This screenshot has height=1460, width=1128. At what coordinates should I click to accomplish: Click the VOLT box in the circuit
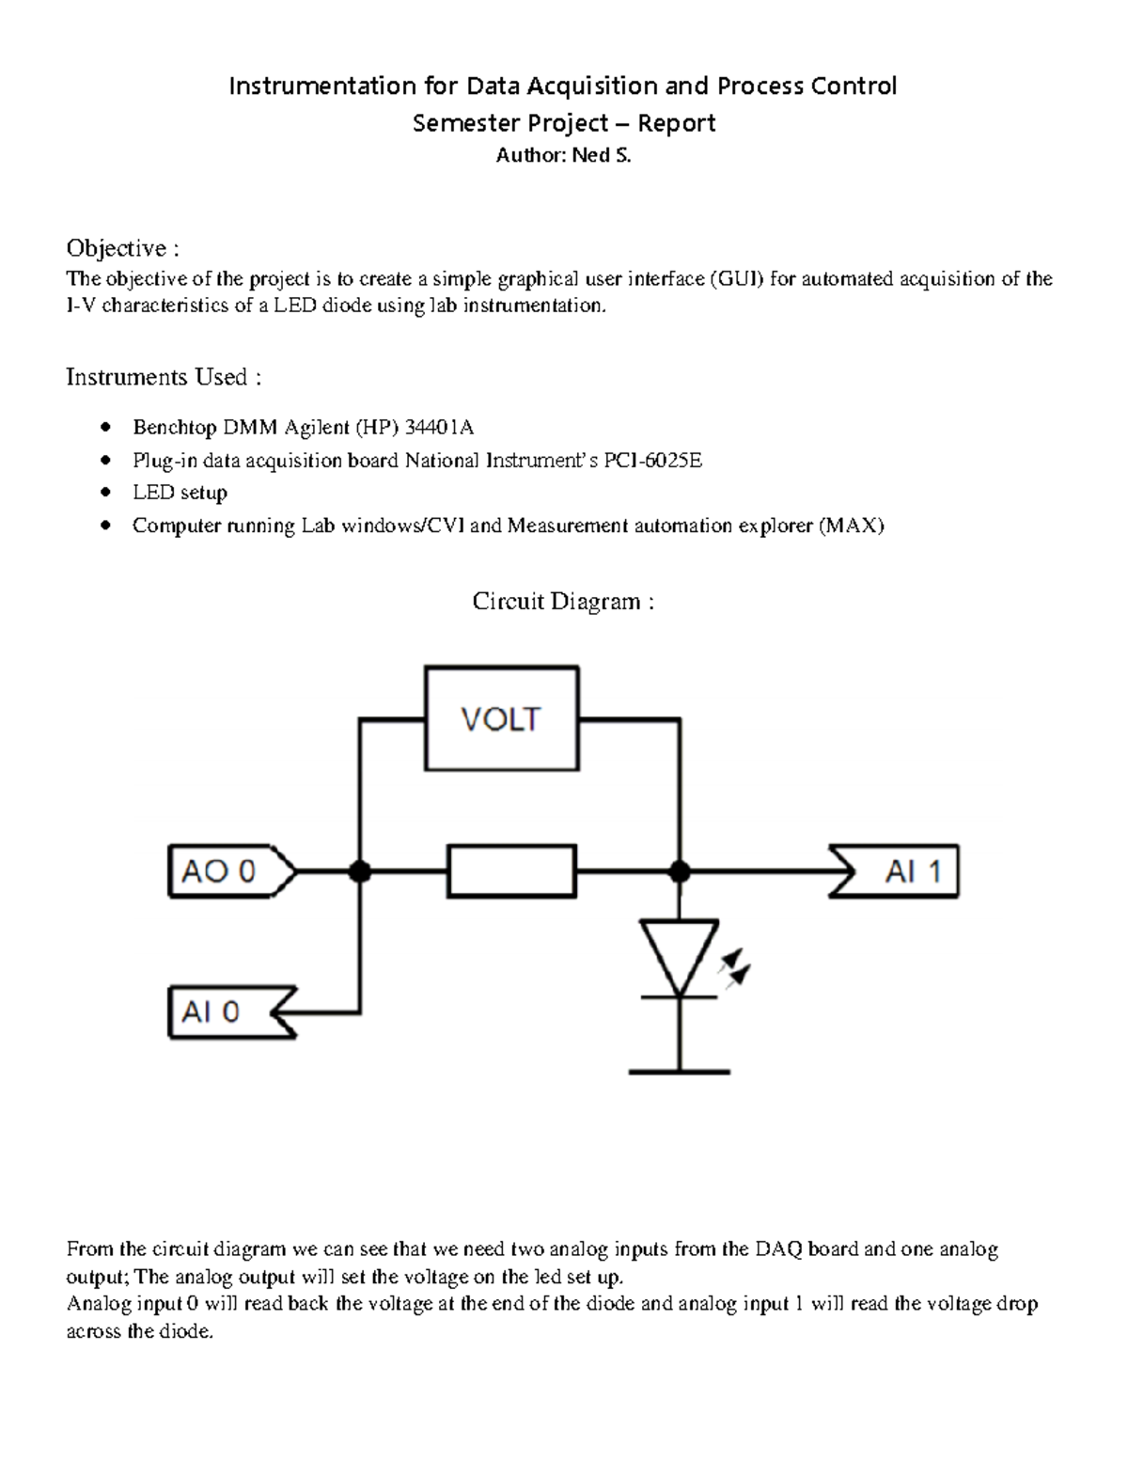501,719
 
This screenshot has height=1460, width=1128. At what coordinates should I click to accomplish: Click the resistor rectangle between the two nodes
511,871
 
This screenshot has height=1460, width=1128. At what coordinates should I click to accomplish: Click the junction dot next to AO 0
359,872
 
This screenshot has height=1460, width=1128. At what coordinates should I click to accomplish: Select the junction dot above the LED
679,872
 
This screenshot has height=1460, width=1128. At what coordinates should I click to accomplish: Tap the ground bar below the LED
679,1071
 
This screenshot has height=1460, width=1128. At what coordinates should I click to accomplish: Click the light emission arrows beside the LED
734,969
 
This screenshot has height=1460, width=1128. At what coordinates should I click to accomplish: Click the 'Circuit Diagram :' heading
563,602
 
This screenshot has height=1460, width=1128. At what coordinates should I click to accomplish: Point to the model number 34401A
439,428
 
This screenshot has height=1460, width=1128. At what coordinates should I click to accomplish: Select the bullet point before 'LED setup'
106,493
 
